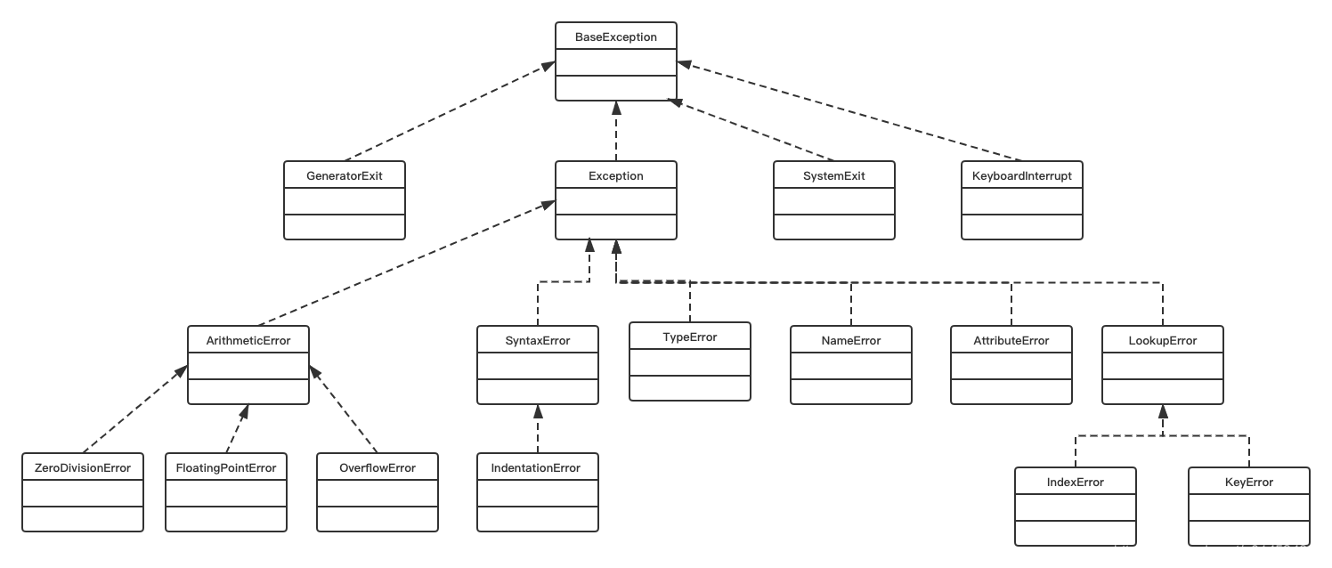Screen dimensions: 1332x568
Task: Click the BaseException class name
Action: pos(615,37)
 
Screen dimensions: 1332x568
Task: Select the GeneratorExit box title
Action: pos(345,176)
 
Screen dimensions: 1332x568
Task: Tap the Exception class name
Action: pos(615,176)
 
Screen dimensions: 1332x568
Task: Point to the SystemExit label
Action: pos(833,176)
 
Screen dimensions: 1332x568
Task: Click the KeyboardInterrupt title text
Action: pos(1021,176)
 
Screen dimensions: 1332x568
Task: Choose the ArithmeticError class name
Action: pos(248,341)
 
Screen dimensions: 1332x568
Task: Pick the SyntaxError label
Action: pos(538,341)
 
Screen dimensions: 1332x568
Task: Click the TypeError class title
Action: pos(690,337)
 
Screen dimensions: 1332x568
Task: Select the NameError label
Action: pos(851,341)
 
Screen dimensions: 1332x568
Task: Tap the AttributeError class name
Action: pos(1011,341)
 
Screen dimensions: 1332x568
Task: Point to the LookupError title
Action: pos(1163,341)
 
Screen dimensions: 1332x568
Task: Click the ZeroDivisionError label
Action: pos(83,468)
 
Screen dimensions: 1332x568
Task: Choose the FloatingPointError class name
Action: pos(226,468)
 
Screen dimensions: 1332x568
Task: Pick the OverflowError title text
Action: pos(377,468)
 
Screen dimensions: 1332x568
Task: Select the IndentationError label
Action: pos(535,468)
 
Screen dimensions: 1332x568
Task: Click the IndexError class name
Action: pos(1075,483)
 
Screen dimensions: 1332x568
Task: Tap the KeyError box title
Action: pos(1248,483)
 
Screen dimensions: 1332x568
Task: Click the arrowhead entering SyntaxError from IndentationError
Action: pos(538,411)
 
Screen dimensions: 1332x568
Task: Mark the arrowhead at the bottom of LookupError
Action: pos(1163,411)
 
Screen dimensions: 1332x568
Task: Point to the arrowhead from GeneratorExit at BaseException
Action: pos(548,66)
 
